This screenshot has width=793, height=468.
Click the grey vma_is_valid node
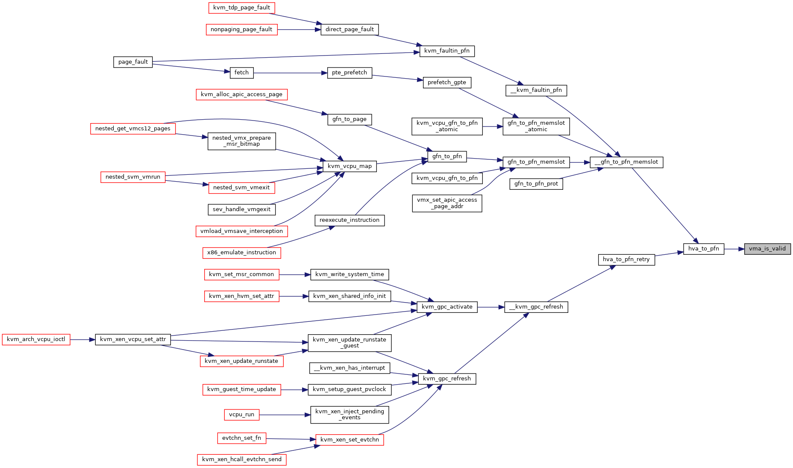coord(767,249)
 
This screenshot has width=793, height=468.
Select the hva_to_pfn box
coord(704,249)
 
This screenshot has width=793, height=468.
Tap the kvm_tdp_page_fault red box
coord(241,8)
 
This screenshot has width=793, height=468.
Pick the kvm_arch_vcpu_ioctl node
coord(36,339)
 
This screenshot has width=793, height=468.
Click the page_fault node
coord(133,62)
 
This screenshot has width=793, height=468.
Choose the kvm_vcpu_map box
coord(350,166)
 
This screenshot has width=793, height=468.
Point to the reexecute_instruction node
coord(350,220)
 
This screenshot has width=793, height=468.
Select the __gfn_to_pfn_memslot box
coord(626,162)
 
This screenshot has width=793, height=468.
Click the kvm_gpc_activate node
coord(447,307)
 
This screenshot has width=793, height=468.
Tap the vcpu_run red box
coord(241,415)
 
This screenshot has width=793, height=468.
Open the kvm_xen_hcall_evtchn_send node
coord(242,459)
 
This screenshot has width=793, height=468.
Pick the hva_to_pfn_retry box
coord(626,259)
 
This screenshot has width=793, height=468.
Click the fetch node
coord(241,73)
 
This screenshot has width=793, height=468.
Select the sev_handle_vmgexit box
coord(241,209)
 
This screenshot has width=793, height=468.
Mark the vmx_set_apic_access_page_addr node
coord(447,203)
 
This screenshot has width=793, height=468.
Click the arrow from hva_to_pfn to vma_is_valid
coord(734,249)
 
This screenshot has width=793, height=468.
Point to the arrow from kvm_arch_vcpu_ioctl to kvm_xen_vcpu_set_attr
coord(82,339)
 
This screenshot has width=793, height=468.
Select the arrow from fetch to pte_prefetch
coord(290,73)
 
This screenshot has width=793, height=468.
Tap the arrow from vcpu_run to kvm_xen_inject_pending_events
coord(285,415)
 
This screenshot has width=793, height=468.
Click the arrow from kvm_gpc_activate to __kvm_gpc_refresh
coord(491,307)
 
